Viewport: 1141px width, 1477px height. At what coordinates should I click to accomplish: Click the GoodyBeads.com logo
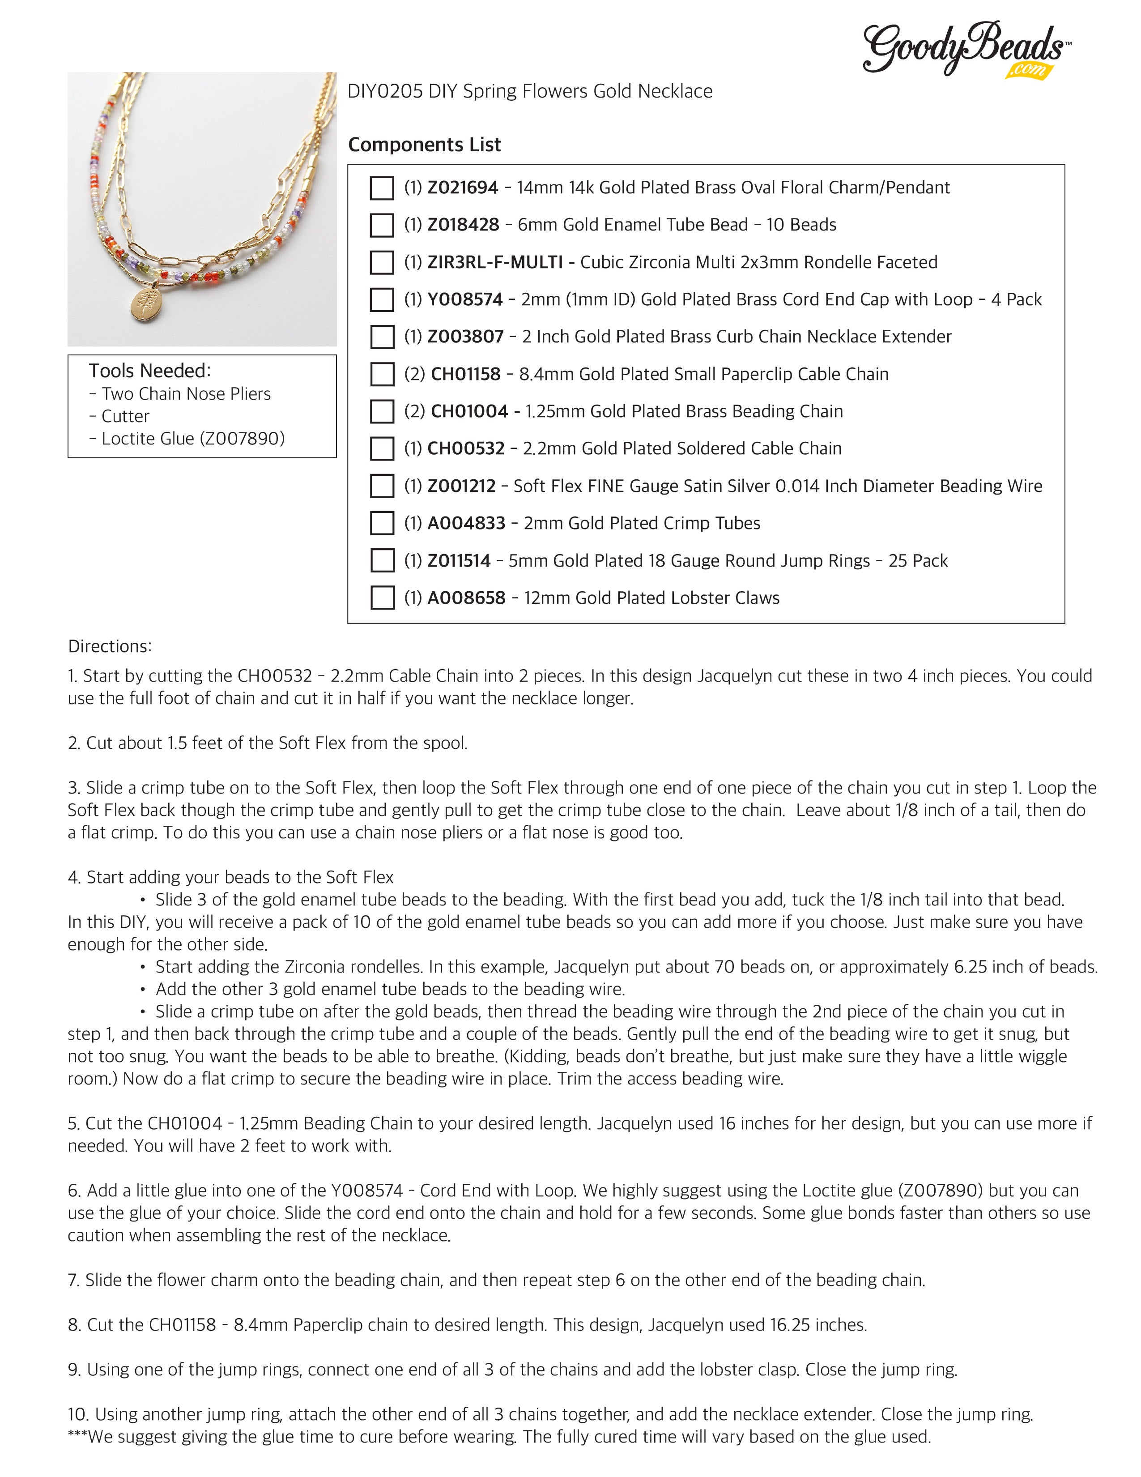tap(965, 49)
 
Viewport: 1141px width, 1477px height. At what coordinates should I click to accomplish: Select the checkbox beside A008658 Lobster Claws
tap(383, 598)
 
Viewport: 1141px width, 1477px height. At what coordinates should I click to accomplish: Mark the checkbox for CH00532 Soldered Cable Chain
tap(383, 448)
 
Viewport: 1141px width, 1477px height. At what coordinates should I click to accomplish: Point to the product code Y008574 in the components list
tap(464, 299)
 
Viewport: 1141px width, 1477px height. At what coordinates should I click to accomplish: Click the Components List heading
tap(425, 145)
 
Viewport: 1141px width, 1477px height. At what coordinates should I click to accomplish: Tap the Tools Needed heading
tap(149, 371)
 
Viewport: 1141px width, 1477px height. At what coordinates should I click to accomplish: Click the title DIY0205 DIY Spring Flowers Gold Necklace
tap(530, 91)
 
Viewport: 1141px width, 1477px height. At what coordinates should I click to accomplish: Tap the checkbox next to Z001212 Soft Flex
tap(383, 486)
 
